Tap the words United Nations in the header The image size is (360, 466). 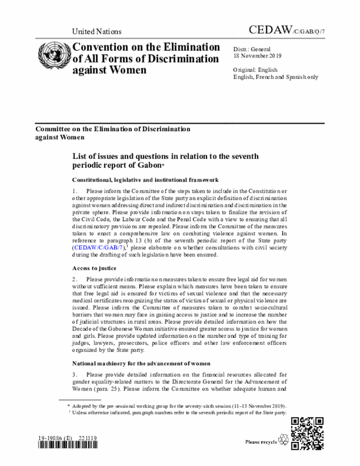coord(97,32)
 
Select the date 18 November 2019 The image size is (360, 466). coord(258,56)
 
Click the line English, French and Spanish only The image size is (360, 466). coord(275,77)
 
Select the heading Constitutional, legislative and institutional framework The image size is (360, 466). coord(145,180)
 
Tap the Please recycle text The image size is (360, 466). coord(261,442)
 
